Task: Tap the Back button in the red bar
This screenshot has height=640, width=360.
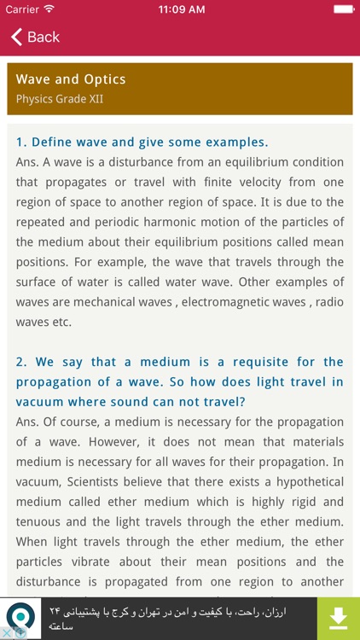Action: [x=35, y=37]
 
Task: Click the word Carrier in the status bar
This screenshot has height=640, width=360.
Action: [x=22, y=9]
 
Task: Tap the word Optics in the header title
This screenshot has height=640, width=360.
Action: [x=104, y=79]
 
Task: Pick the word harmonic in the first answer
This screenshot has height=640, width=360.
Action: [x=178, y=222]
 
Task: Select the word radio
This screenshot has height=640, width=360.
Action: [x=328, y=302]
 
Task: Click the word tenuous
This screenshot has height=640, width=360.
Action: [x=38, y=521]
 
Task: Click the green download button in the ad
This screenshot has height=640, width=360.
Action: [x=338, y=618]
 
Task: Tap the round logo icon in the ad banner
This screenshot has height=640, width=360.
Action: [x=20, y=616]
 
